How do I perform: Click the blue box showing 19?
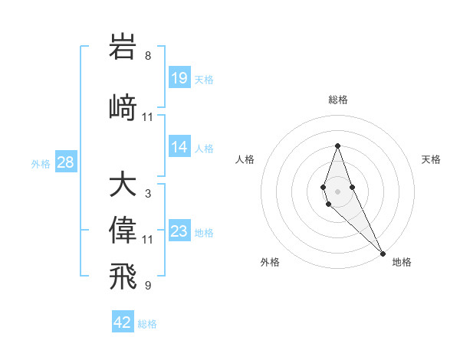(x=179, y=77)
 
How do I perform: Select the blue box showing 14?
(x=179, y=147)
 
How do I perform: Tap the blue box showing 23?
(x=179, y=231)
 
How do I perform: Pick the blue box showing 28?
(x=65, y=162)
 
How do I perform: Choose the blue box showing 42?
(x=123, y=322)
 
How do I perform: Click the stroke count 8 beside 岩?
(x=148, y=56)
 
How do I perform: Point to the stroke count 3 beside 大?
(x=148, y=195)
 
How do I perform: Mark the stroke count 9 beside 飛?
(x=148, y=286)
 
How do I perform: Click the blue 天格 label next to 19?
(x=204, y=79)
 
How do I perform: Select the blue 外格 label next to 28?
(x=41, y=164)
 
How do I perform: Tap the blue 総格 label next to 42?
(x=147, y=324)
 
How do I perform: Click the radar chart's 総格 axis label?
(x=338, y=100)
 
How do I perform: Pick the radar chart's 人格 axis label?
(x=245, y=159)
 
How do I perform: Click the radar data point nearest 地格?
(x=383, y=253)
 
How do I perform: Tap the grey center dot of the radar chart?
(x=338, y=191)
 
